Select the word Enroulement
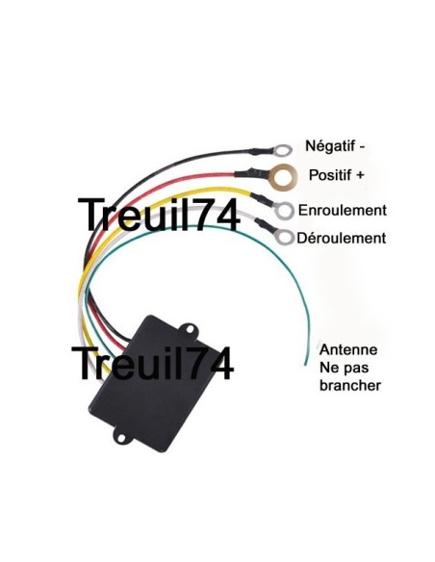tap(343, 210)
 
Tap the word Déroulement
tap(342, 238)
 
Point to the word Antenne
tap(347, 349)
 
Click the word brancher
tap(349, 385)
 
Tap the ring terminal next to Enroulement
tap(285, 210)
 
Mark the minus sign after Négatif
tap(361, 146)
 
